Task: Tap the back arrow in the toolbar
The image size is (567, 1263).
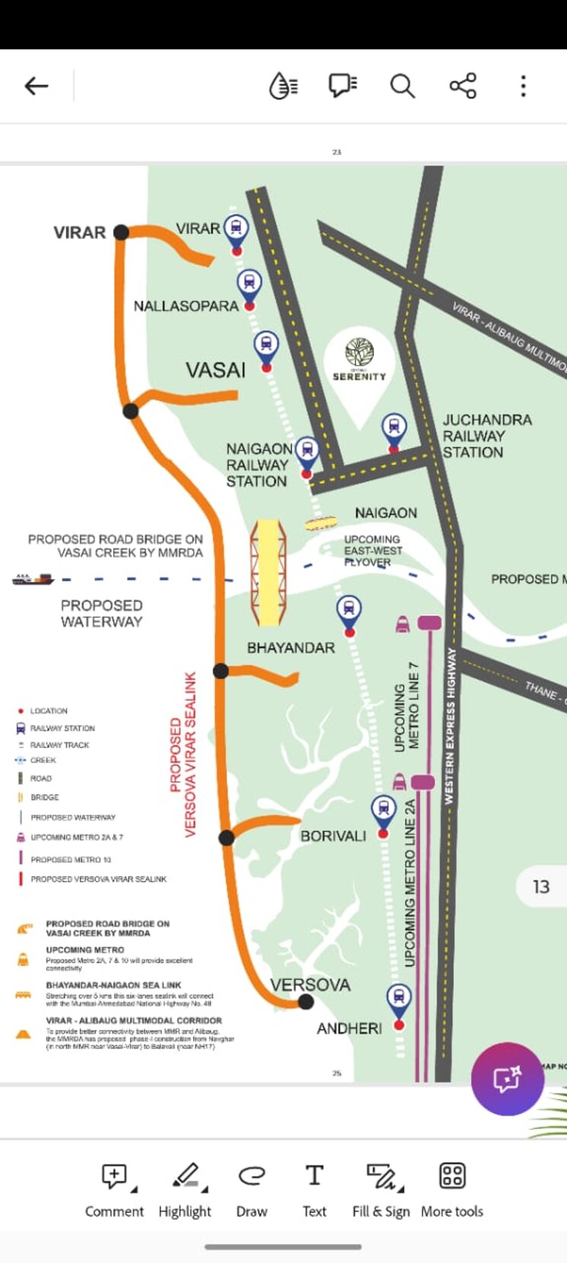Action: point(36,86)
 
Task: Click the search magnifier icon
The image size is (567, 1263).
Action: point(402,86)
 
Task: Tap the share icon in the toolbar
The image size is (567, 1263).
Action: point(463,86)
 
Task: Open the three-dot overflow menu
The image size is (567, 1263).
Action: point(523,86)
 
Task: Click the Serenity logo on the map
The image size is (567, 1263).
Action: point(359,359)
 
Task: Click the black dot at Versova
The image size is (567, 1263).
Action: point(306,1002)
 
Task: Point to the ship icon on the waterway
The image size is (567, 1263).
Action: point(33,580)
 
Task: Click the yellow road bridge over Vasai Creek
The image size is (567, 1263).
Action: point(269,562)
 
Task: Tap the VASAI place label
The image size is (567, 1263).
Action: point(215,370)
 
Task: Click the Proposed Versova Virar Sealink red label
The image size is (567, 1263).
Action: point(183,754)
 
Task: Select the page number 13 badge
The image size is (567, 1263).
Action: point(540,887)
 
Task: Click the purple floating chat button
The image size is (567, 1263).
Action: point(507,1079)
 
